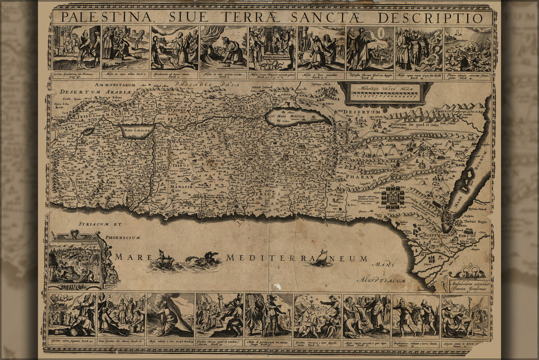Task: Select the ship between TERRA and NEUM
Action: pos(322,257)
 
